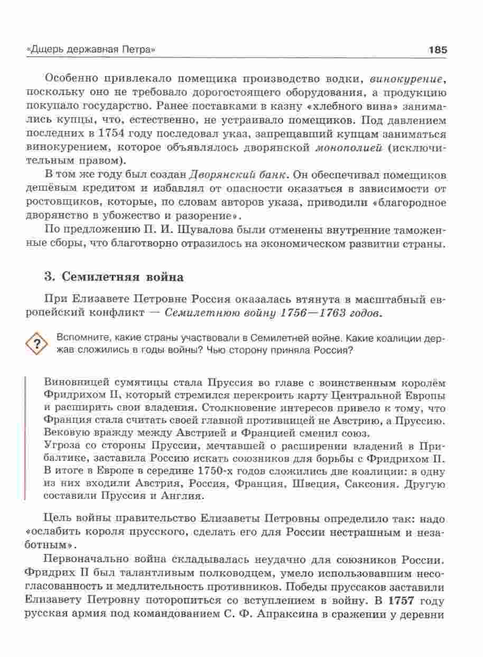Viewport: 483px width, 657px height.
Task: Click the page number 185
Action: coord(438,50)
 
